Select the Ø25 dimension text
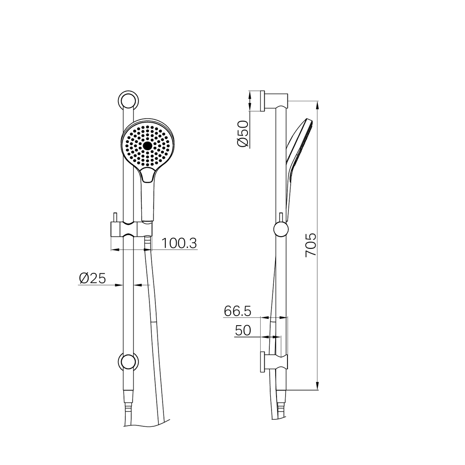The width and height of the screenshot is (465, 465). coord(92,278)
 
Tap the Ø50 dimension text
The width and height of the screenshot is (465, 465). coord(242,134)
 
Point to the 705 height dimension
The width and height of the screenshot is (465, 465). coord(311,245)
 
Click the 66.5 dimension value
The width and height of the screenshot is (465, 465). coord(237,311)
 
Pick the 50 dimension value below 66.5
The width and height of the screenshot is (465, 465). coord(243,331)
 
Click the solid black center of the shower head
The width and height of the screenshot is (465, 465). coord(147,146)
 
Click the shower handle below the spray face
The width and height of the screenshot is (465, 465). coord(148,195)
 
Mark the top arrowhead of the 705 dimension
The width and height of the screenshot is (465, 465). coord(317,104)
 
